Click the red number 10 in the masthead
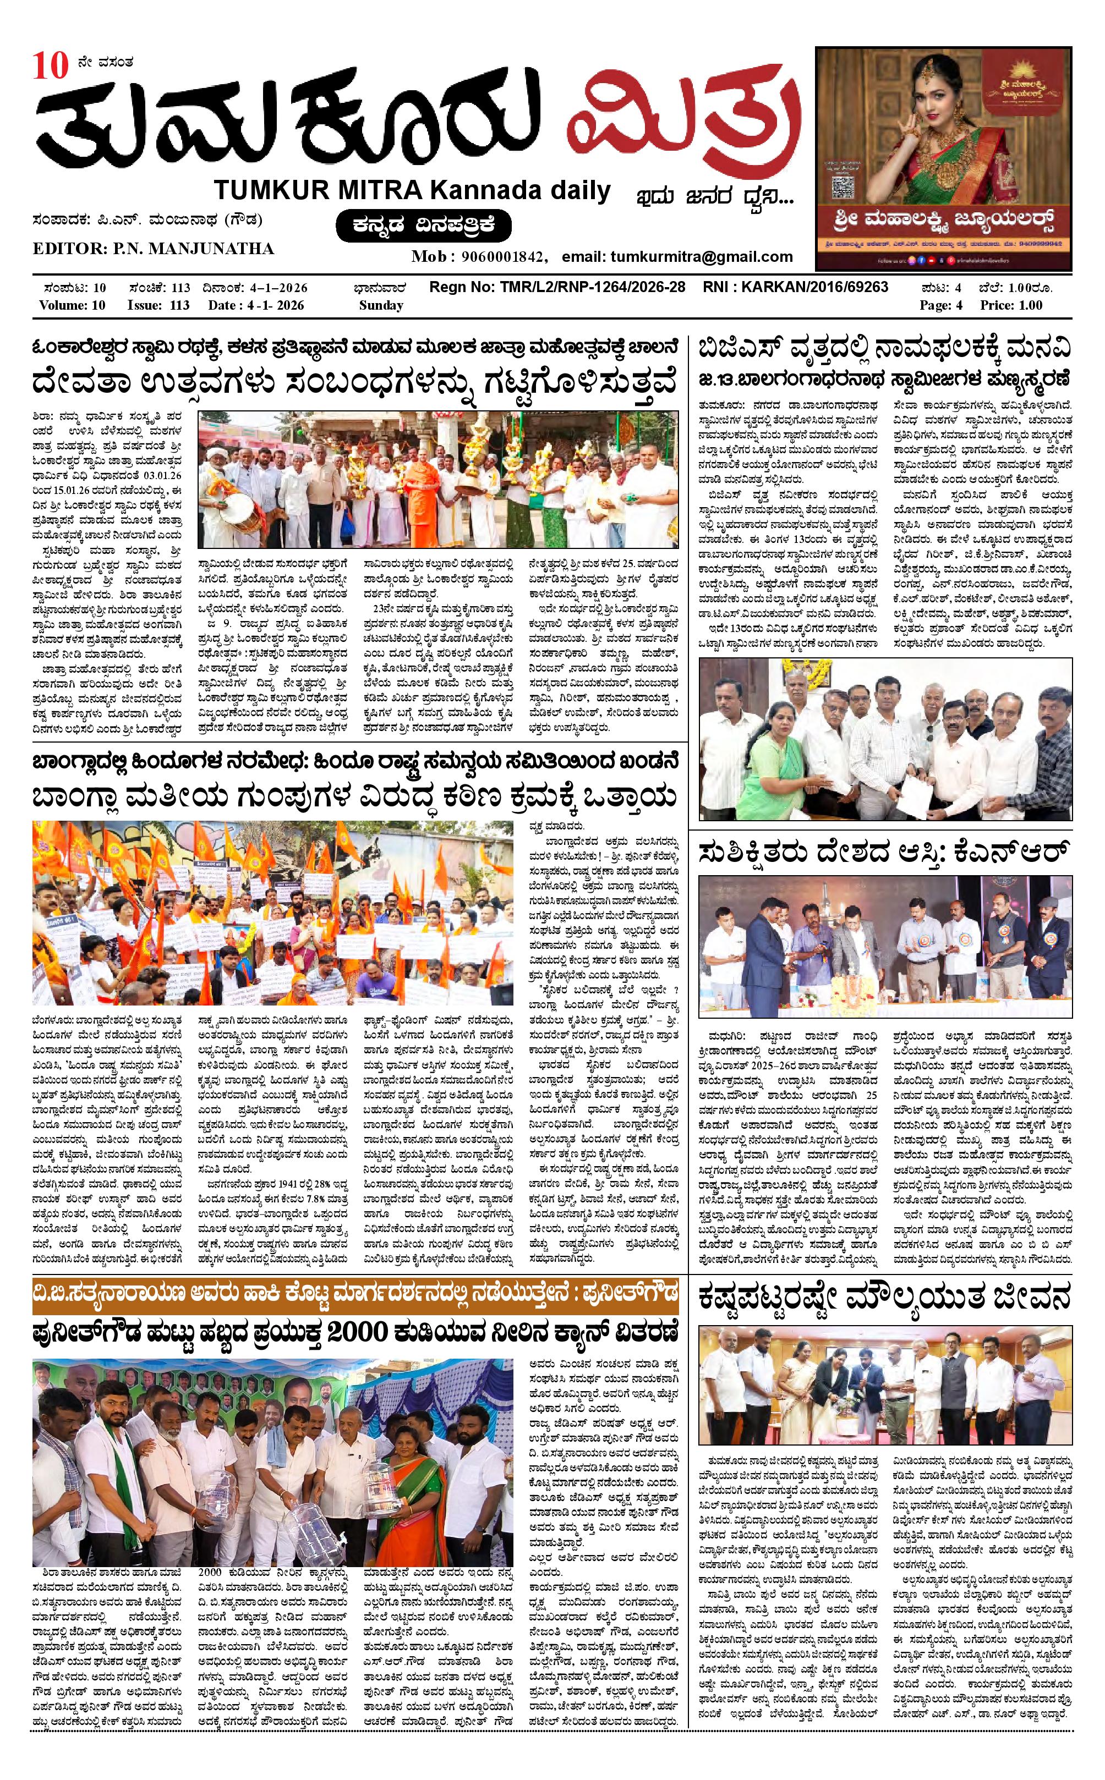click(50, 67)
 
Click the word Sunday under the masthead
click(381, 305)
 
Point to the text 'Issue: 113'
click(158, 305)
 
